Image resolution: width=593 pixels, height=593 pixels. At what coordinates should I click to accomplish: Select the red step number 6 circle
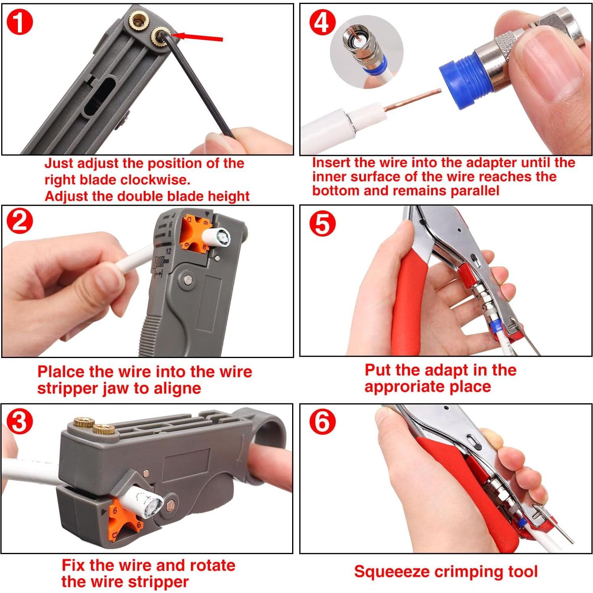point(322,422)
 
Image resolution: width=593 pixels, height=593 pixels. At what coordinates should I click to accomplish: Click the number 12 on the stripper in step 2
point(168,251)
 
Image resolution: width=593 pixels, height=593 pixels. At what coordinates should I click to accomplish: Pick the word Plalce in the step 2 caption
point(61,372)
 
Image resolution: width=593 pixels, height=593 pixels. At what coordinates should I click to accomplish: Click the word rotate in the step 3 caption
point(213,565)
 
